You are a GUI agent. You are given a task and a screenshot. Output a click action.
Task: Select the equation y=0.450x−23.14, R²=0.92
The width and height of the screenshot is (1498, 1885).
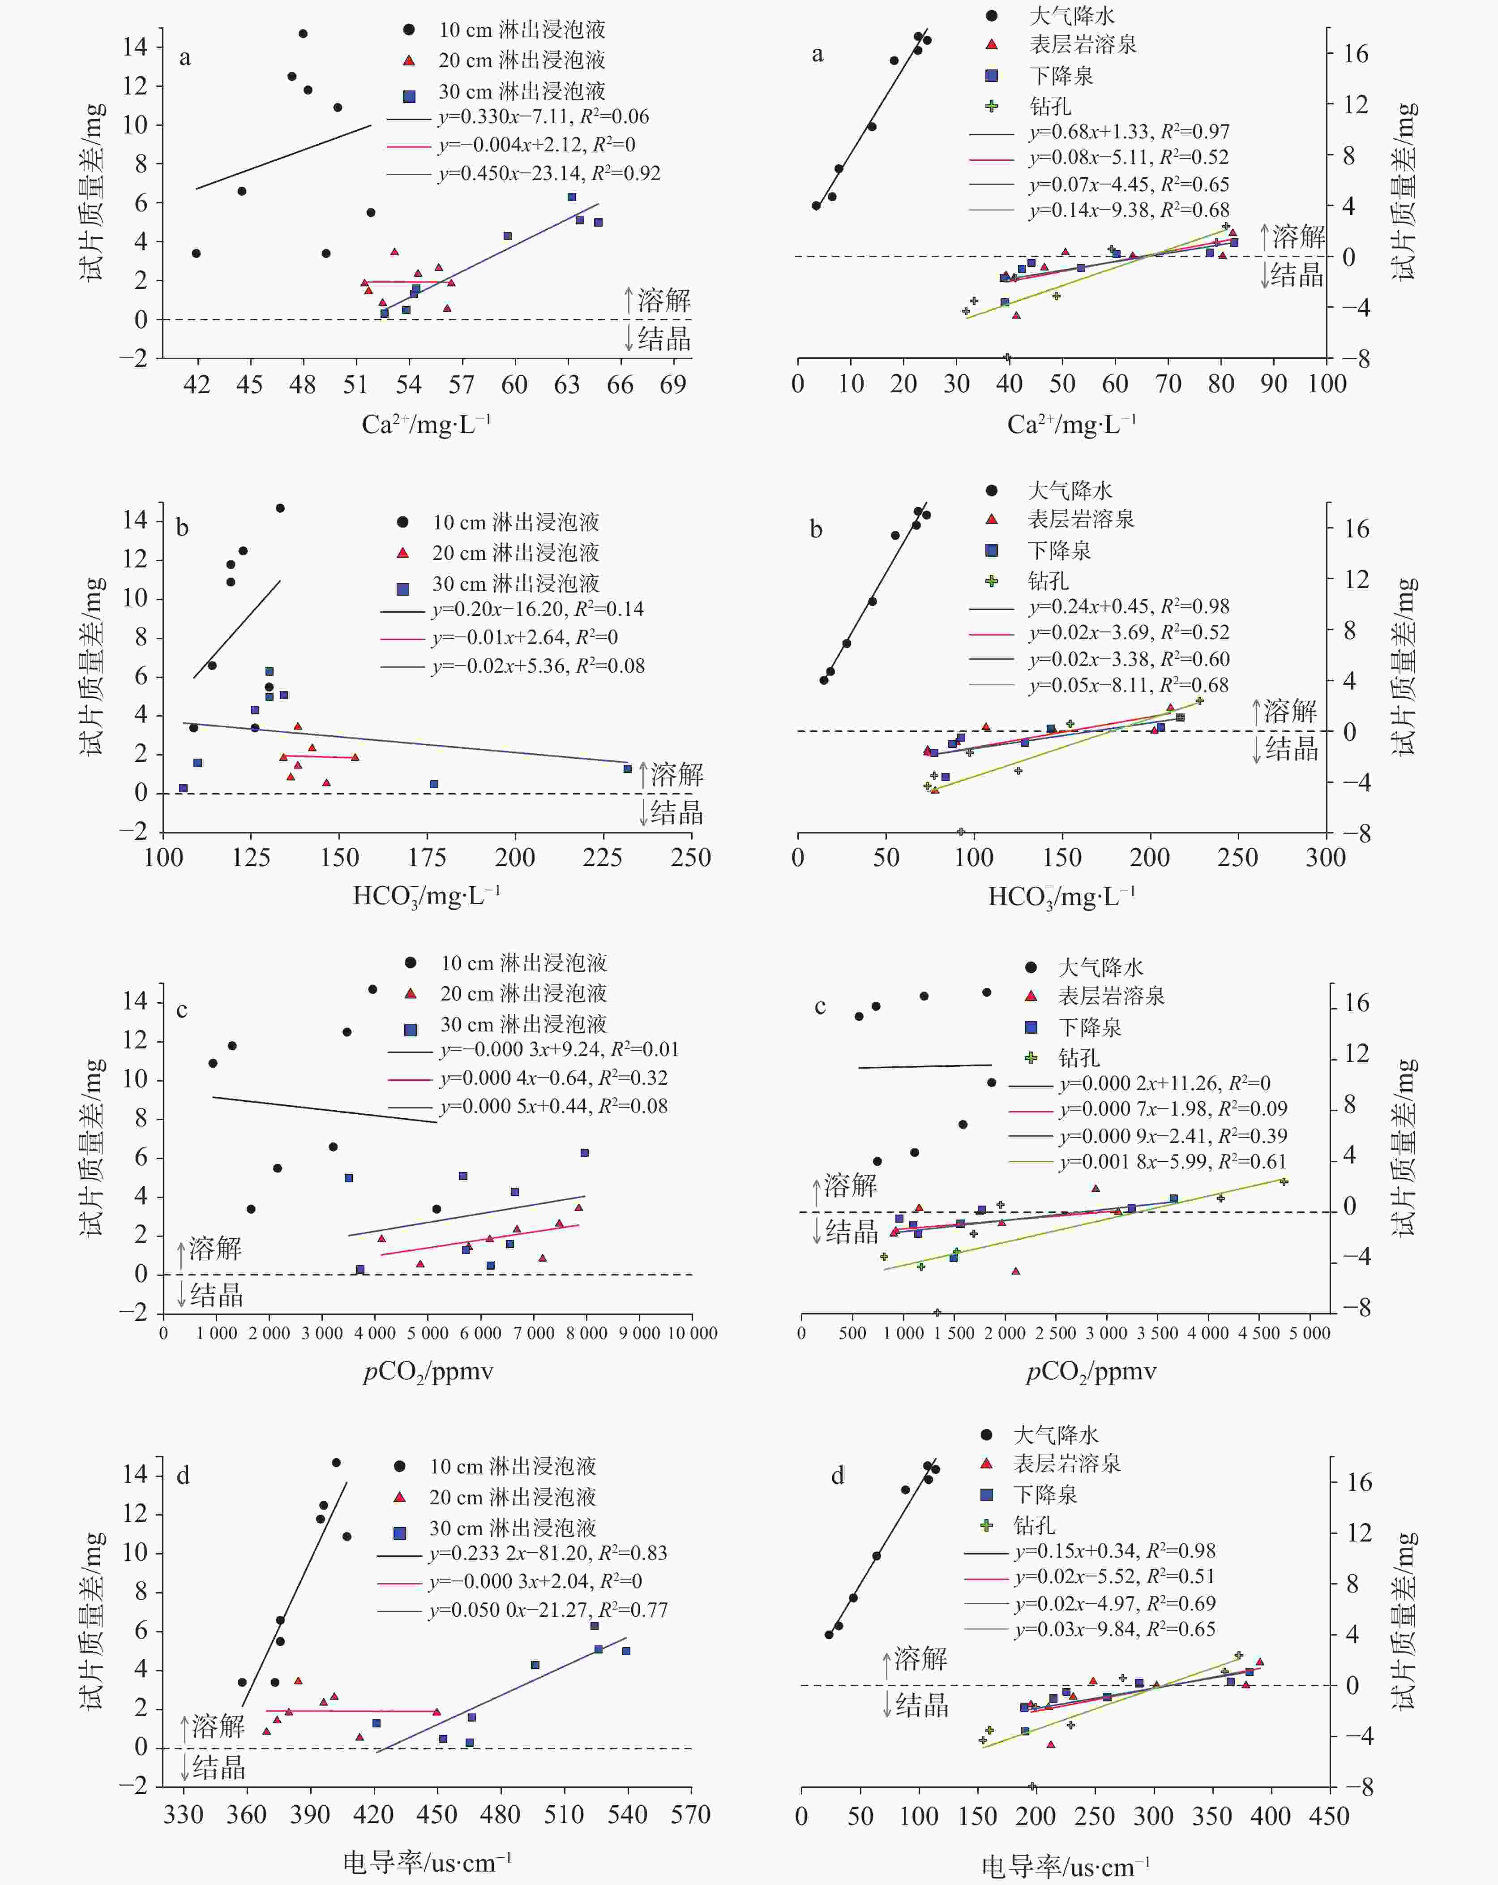(x=549, y=173)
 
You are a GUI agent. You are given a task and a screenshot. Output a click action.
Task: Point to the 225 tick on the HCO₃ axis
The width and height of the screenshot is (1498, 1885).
(x=602, y=858)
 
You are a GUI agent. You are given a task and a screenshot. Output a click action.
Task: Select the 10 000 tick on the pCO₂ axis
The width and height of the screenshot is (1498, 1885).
(x=692, y=1333)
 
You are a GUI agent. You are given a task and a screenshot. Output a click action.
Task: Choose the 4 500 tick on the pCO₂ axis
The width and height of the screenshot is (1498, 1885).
(x=1259, y=1333)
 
